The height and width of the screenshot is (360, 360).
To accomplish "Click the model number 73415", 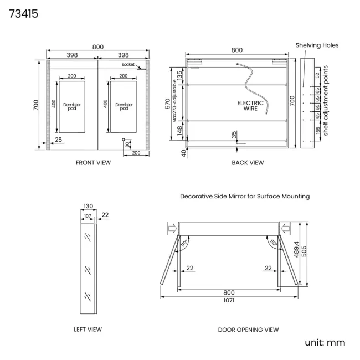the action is (23, 14).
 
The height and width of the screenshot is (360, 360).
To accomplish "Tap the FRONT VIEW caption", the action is (93, 162).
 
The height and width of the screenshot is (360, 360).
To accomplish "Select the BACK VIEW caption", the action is (248, 162).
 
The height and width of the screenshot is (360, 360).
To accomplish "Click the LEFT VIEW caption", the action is (88, 329).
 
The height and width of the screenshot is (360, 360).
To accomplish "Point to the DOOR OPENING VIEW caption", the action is (249, 330).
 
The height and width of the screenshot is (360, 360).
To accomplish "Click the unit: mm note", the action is (325, 342).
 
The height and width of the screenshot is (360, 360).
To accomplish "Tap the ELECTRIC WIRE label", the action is (250, 106).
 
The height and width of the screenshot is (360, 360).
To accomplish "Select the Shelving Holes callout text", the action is (317, 45).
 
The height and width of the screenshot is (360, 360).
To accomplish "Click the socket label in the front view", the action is (128, 64).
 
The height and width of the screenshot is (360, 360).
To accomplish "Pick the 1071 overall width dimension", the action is (229, 300).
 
